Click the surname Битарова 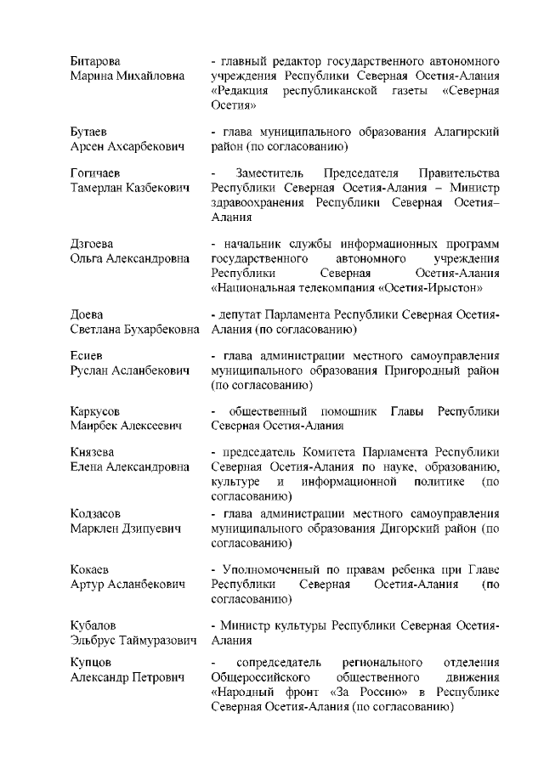[x=94, y=62]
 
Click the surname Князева [x=93, y=452]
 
